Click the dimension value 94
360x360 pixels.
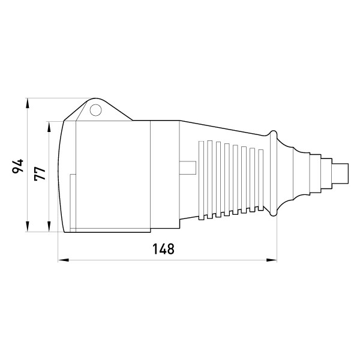coord(18,166)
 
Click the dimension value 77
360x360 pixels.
coord(40,173)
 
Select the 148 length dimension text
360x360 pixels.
coord(163,249)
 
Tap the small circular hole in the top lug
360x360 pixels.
coord(95,110)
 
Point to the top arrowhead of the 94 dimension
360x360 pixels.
coord(28,103)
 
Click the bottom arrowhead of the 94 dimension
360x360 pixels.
coord(28,227)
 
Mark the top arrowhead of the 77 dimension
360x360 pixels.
coord(49,127)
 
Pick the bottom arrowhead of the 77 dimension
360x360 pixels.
coord(49,227)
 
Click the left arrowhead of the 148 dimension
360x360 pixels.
coord(64,260)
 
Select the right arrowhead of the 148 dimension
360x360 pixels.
coord(271,260)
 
